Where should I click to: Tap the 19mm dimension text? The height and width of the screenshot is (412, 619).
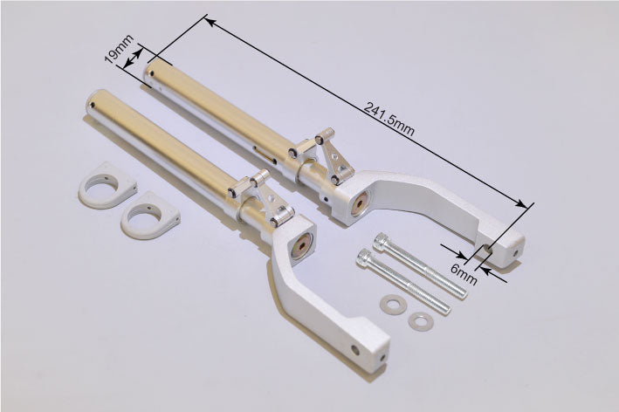click(x=115, y=51)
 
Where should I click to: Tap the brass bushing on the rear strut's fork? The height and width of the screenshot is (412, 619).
click(x=357, y=205)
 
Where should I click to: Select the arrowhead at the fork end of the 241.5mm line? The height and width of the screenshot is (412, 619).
click(x=526, y=205)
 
